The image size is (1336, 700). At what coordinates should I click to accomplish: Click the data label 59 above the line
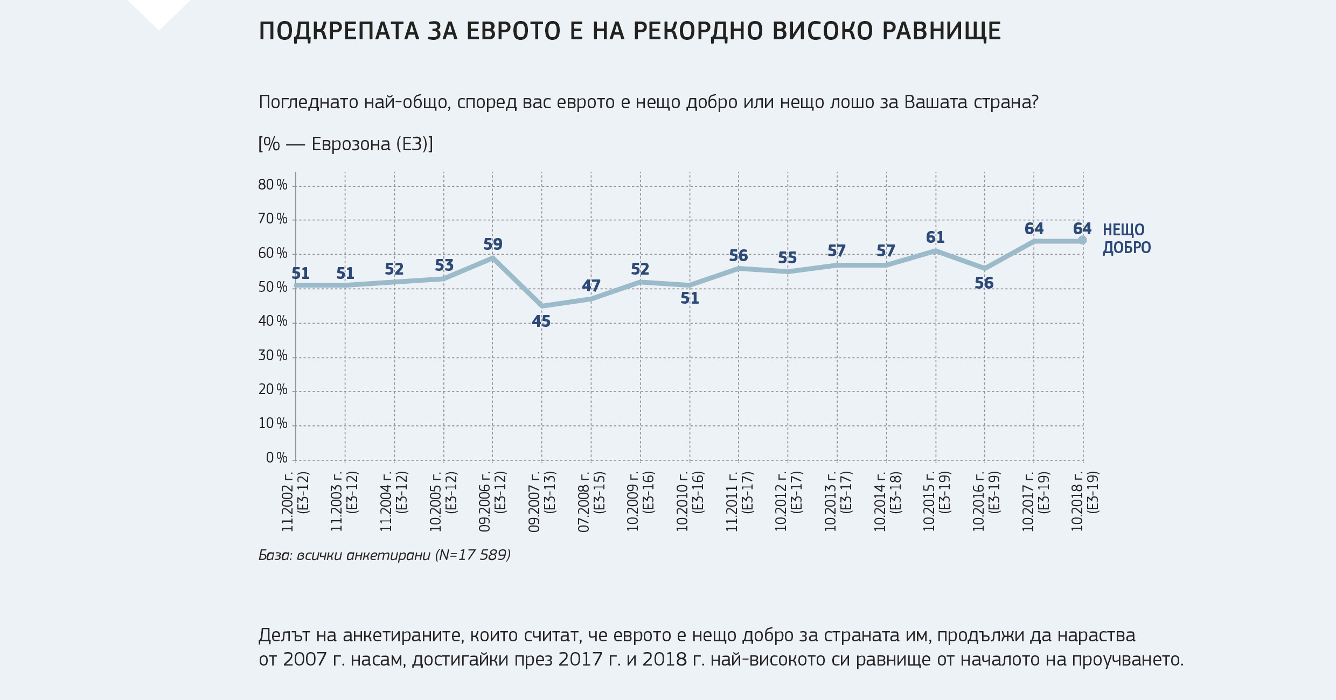point(492,244)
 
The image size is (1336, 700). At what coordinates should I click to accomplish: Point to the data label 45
point(541,321)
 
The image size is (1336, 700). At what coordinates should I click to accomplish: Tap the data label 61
point(935,237)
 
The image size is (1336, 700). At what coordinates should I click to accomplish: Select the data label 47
point(591,285)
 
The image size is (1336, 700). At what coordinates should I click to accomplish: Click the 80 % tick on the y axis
point(273,185)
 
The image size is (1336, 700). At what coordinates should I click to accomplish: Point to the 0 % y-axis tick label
point(276,458)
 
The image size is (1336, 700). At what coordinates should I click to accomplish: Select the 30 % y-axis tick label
point(273,356)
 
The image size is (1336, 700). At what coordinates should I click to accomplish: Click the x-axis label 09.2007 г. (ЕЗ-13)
point(541,501)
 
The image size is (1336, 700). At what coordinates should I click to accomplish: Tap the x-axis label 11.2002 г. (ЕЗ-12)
point(295,501)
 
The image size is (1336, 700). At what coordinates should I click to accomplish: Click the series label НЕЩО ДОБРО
point(1126,239)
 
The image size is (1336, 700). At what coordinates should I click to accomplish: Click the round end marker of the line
point(1082,241)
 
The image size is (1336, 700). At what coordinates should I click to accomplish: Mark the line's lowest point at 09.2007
point(542,306)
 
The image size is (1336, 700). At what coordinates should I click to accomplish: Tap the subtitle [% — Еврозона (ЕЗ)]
point(345,144)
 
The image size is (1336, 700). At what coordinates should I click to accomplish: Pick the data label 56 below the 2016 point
point(984,283)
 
